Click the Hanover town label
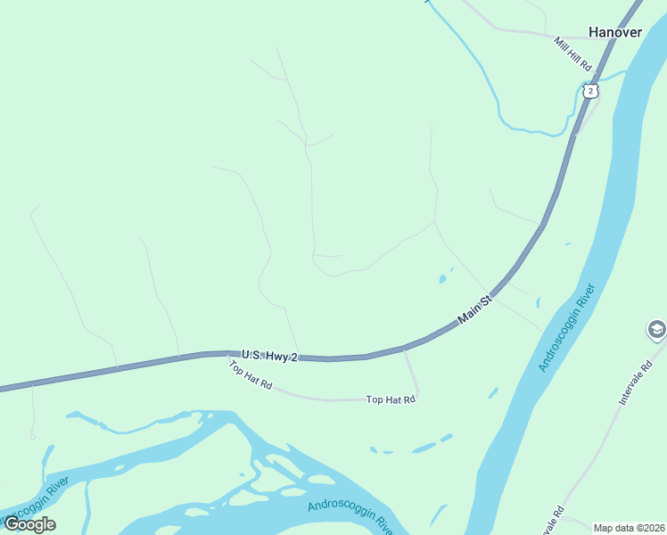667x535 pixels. click(614, 32)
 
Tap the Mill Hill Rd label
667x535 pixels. click(572, 54)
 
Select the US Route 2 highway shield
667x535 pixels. click(590, 91)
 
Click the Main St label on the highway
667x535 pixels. click(475, 309)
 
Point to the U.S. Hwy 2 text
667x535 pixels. click(268, 355)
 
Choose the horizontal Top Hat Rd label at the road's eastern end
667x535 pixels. click(391, 400)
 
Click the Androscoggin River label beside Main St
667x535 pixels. click(566, 328)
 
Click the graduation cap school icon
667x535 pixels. click(656, 331)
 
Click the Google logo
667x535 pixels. click(29, 524)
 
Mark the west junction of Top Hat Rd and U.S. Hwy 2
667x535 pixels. click(230, 354)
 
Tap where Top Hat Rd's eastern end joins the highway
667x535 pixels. click(404, 349)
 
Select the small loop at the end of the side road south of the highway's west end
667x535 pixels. click(32, 436)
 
